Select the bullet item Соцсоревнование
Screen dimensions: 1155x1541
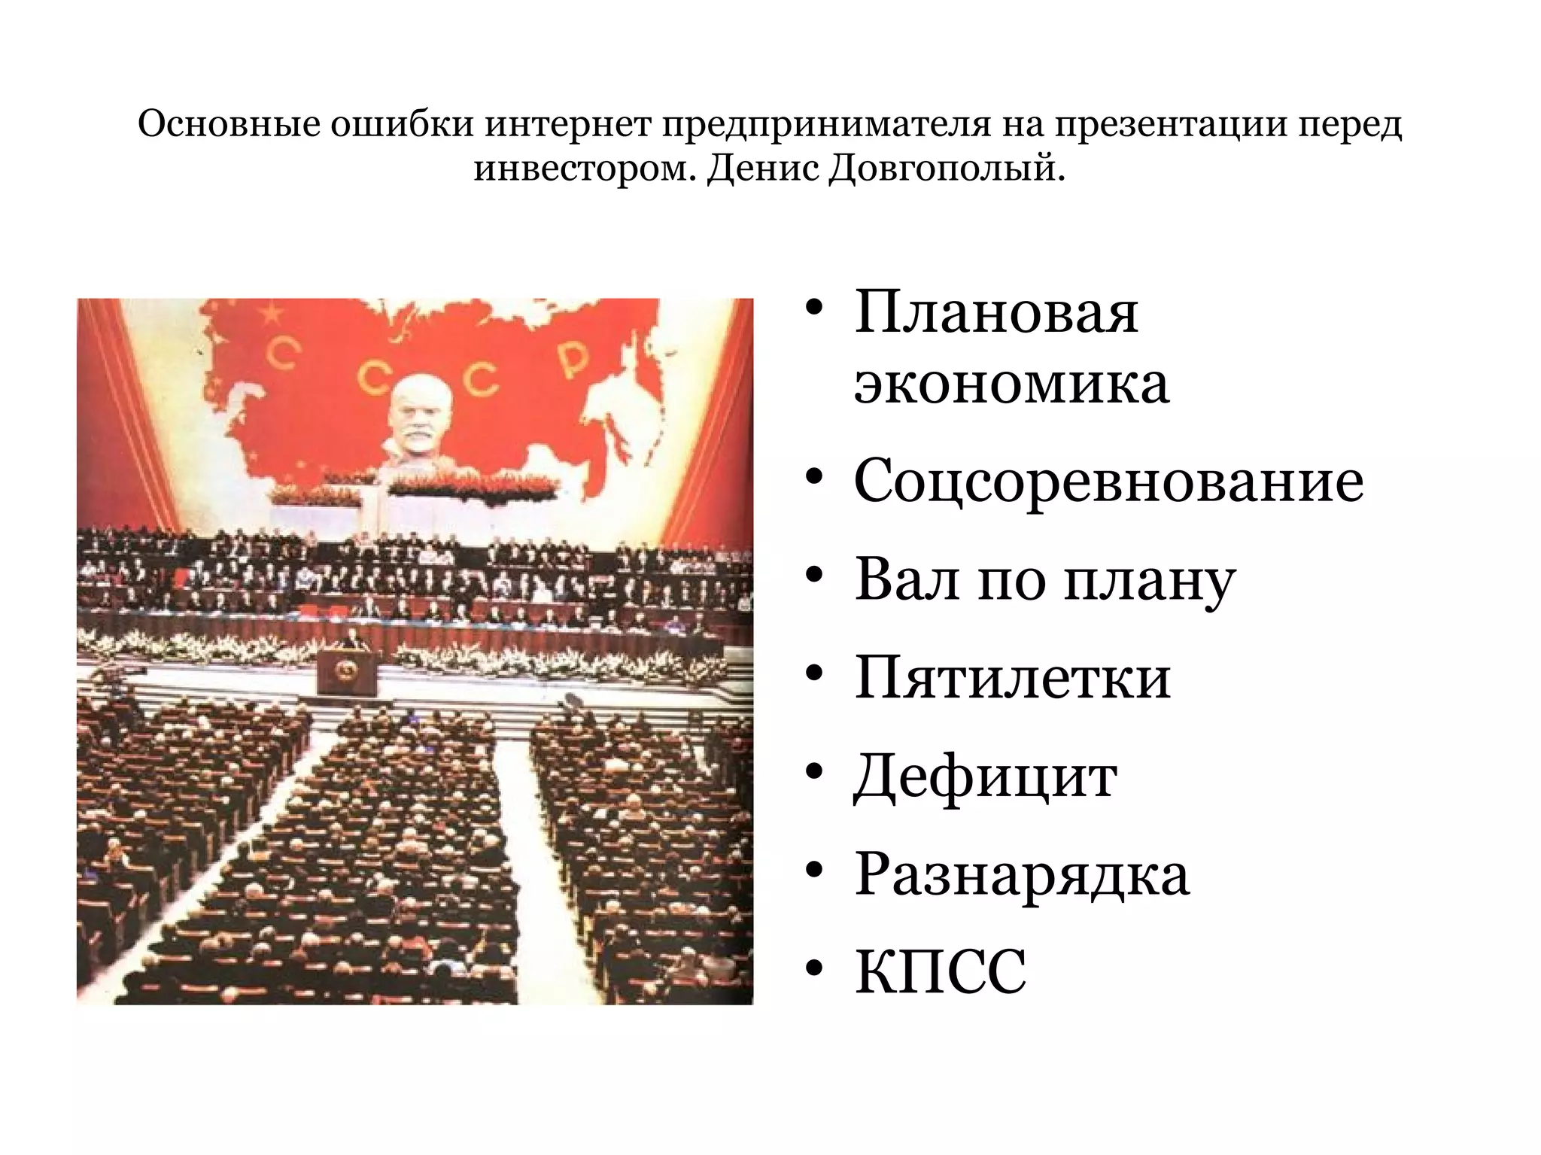[x=1108, y=481]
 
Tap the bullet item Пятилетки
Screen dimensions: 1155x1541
[x=1012, y=678]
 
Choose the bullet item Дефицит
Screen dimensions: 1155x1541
[x=985, y=777]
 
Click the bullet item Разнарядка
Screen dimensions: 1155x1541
[x=1021, y=874]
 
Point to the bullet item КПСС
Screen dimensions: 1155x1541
[x=941, y=972]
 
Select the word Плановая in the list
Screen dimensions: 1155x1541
[x=996, y=312]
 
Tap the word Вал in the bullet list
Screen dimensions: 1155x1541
[x=907, y=580]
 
